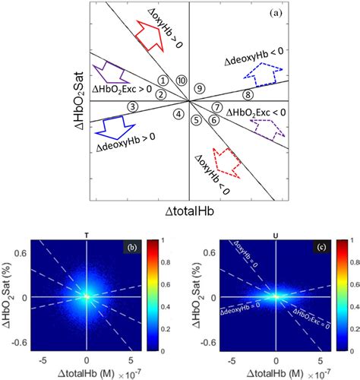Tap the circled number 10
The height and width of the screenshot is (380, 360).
tap(180, 81)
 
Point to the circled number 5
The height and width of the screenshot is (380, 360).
tap(197, 119)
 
